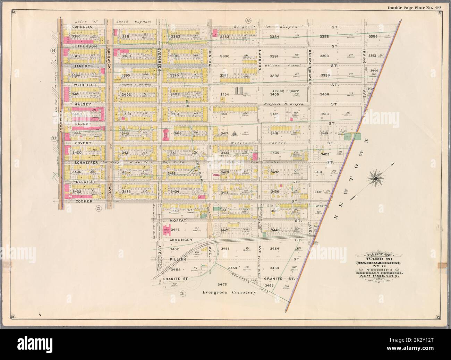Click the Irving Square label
pos(284,91)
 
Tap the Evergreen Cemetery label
pos(229,292)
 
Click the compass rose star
pos(375,179)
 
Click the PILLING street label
pos(179,259)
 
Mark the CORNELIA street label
pos(82,26)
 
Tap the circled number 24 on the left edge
pos(53,51)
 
